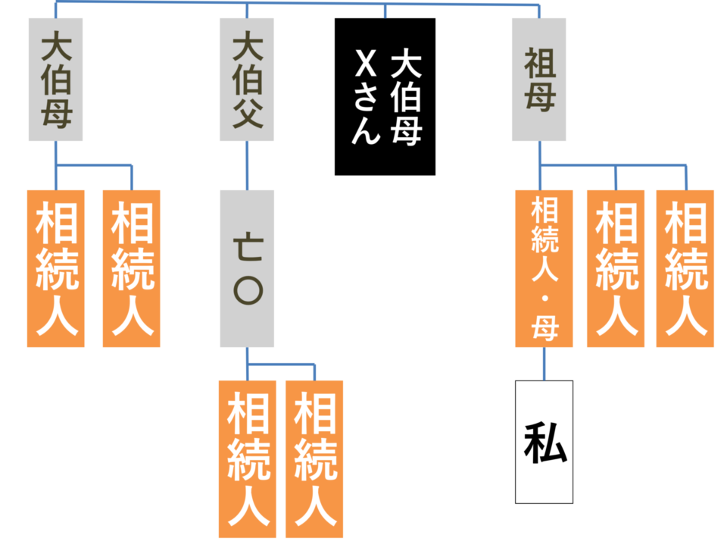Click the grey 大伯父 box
click(x=247, y=80)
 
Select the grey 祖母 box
click(x=538, y=80)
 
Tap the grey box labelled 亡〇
click(x=247, y=268)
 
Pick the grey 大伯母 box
click(x=55, y=80)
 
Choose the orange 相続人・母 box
click(x=544, y=268)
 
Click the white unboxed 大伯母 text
click(x=406, y=98)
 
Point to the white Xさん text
click(x=366, y=98)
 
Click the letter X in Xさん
click(x=366, y=63)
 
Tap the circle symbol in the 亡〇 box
click(x=247, y=290)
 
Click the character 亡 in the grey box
click(x=247, y=246)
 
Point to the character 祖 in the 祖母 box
click(x=538, y=64)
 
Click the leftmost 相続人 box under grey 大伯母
click(x=56, y=268)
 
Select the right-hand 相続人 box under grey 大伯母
click(x=132, y=268)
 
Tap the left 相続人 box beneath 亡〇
click(x=248, y=458)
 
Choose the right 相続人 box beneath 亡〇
click(x=314, y=458)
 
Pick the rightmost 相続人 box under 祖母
click(x=685, y=268)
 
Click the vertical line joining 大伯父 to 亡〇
click(x=247, y=165)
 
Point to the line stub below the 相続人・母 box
click(x=544, y=364)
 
